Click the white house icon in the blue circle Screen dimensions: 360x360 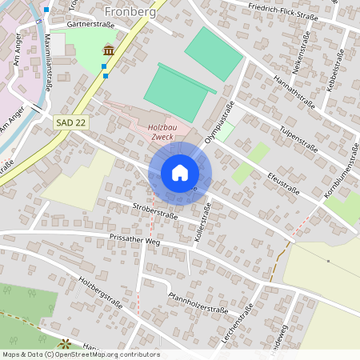(180, 172)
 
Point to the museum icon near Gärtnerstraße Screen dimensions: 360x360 (107, 52)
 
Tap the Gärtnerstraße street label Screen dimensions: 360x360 (91, 25)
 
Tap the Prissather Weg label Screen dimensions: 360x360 (135, 239)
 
